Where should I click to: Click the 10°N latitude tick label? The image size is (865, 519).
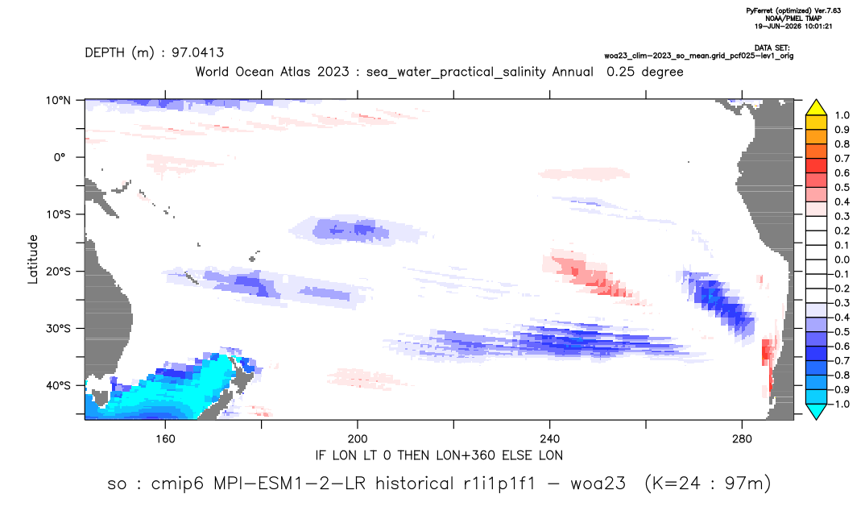(58, 101)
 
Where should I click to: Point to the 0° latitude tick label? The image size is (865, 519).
(60, 157)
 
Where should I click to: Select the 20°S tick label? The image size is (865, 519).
(58, 272)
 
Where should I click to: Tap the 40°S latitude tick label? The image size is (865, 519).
(58, 385)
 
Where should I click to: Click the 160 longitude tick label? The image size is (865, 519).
(165, 439)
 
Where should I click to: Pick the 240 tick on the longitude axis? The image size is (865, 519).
(550, 439)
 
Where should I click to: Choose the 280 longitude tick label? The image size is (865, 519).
(742, 439)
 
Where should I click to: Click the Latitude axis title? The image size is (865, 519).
(32, 259)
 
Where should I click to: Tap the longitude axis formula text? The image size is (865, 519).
(439, 455)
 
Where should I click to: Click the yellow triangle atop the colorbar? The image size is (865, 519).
(816, 107)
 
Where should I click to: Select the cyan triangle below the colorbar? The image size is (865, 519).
(816, 411)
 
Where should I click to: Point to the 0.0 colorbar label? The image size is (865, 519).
(842, 259)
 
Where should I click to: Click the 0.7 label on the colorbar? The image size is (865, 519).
(842, 159)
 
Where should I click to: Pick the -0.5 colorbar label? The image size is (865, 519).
(839, 332)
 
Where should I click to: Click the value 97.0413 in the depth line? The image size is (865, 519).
(197, 52)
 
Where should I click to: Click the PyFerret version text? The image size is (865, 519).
(793, 10)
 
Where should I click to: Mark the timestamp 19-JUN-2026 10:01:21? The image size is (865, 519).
(793, 26)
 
